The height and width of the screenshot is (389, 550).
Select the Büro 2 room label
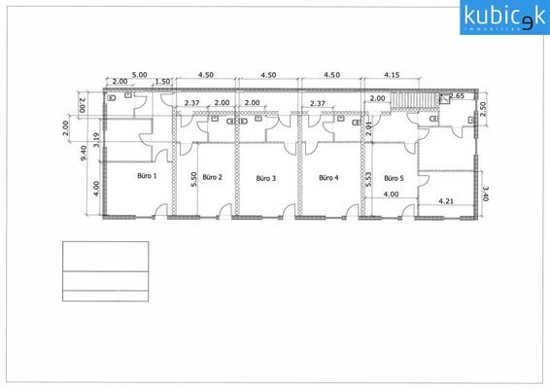tap(212, 178)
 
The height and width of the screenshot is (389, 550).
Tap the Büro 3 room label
tap(266, 179)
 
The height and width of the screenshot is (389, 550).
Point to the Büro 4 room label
tap(329, 178)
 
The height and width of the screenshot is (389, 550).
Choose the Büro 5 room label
tap(394, 179)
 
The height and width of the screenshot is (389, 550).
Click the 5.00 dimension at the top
tap(139, 74)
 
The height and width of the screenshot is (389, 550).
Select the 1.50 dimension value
tap(162, 83)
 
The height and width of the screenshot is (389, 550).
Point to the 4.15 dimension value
tap(394, 74)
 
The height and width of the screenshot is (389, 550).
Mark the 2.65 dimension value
tap(456, 97)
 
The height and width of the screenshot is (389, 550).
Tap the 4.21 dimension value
tap(447, 201)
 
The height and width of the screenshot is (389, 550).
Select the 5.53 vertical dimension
tap(368, 179)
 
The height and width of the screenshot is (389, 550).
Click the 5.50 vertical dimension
tap(196, 179)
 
